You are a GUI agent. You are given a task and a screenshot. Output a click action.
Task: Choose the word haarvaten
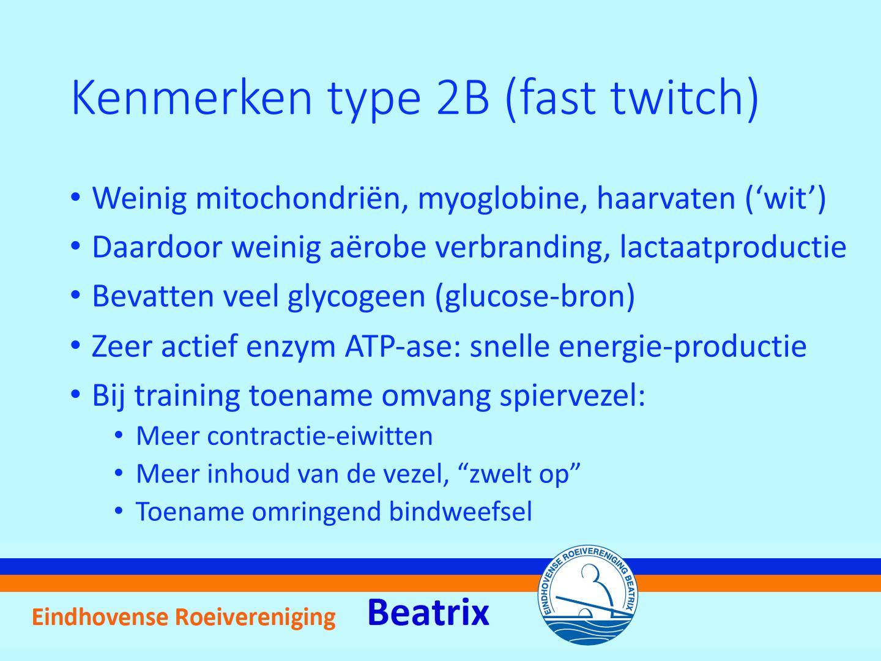[666, 199]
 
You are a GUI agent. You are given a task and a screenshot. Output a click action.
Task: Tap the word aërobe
[377, 247]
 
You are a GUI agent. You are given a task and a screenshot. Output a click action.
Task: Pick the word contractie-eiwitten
[320, 436]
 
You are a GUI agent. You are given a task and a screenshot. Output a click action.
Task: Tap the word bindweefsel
[460, 512]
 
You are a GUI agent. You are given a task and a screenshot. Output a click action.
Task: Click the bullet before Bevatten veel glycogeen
[75, 296]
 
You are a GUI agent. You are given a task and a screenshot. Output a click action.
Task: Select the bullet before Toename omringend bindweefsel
[119, 511]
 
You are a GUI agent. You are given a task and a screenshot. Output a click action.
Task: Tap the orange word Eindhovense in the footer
[100, 617]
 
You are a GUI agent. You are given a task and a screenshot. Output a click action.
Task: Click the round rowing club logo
[588, 596]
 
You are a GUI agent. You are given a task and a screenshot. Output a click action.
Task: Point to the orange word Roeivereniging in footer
[255, 618]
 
